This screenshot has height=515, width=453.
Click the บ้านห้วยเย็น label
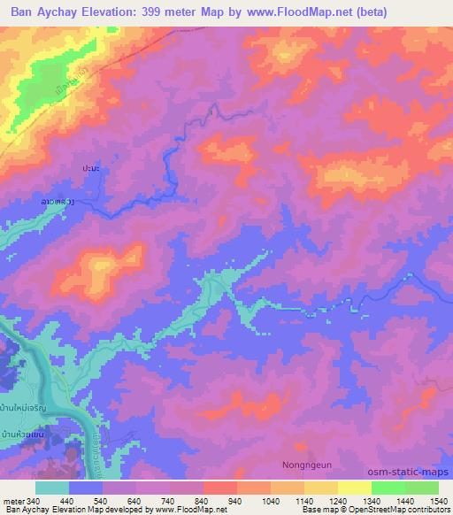(23, 434)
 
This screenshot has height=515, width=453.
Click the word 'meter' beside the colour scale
(12, 500)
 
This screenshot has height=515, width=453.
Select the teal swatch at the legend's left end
(52, 488)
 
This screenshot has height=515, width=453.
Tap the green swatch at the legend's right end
(421, 488)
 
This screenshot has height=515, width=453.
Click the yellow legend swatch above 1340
(355, 488)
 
